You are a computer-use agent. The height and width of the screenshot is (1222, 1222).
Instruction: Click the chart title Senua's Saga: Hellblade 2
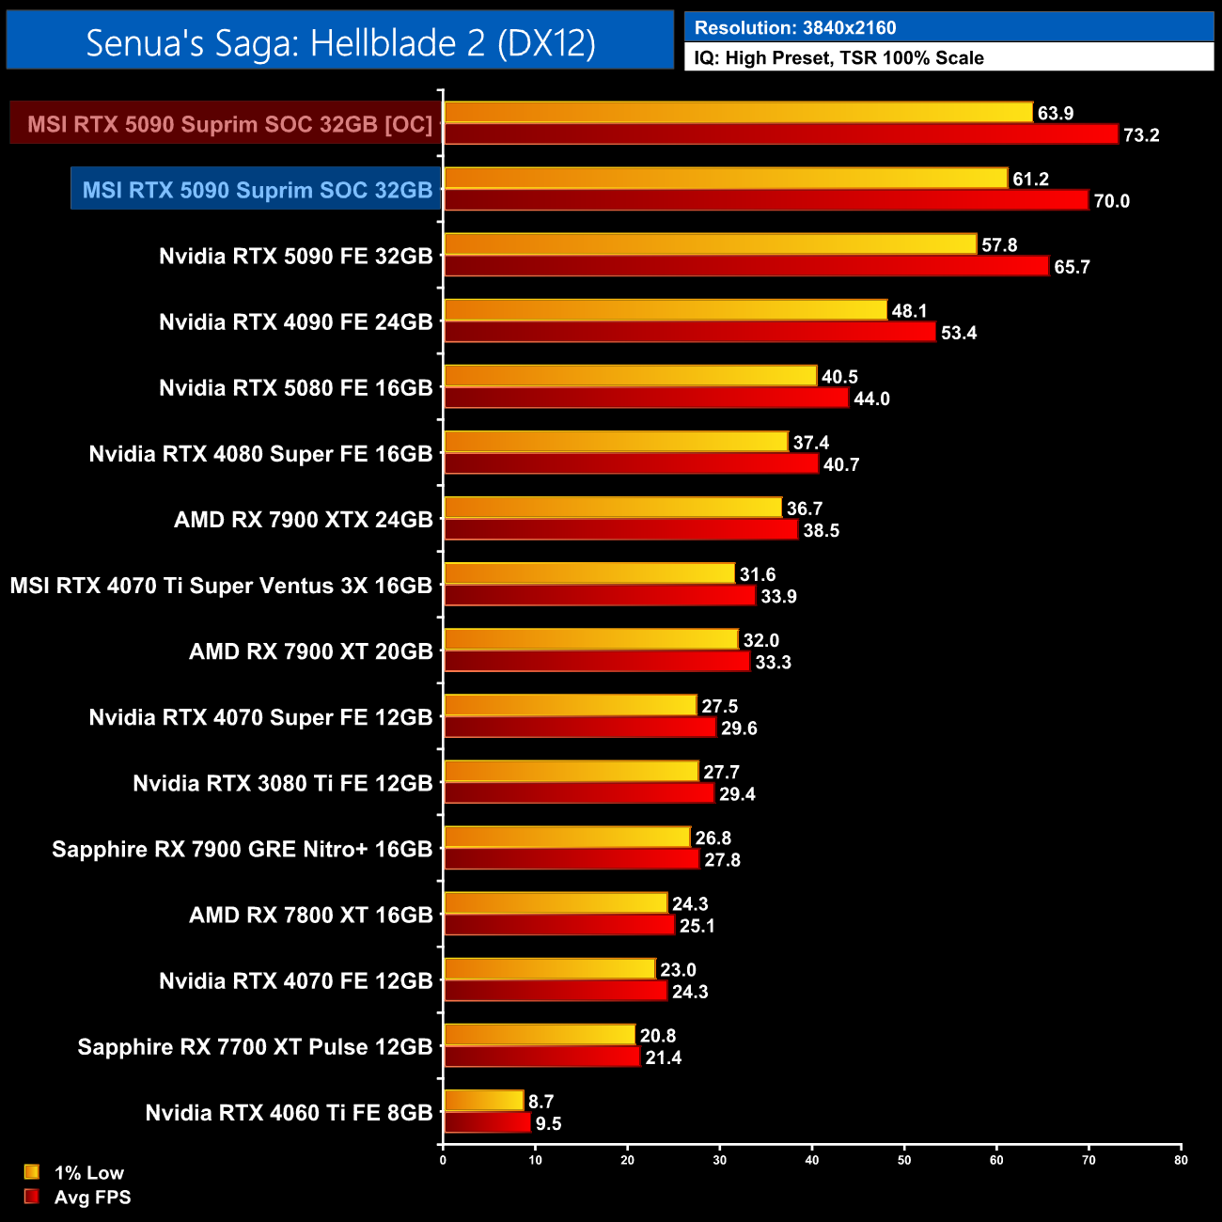pyautogui.click(x=340, y=42)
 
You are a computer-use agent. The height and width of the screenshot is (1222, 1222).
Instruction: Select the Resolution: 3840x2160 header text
pyautogui.click(x=795, y=28)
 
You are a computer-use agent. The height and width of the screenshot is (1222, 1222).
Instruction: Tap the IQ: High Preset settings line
pyautogui.click(x=838, y=58)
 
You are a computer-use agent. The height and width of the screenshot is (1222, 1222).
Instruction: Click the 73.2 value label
pyautogui.click(x=1141, y=135)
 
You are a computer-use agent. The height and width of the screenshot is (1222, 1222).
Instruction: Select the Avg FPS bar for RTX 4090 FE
pyautogui.click(x=690, y=332)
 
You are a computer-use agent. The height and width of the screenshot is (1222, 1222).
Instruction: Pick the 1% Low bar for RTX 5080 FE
pyautogui.click(x=630, y=376)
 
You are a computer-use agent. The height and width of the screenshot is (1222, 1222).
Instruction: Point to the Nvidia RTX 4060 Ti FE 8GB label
pyautogui.click(x=289, y=1113)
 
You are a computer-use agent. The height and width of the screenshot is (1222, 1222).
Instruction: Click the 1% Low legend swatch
pyautogui.click(x=32, y=1172)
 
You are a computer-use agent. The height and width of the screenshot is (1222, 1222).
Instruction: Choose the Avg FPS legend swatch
pyautogui.click(x=32, y=1197)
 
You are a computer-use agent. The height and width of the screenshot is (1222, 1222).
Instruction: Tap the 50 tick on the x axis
pyautogui.click(x=904, y=1160)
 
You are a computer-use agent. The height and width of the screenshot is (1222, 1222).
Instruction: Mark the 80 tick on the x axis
pyautogui.click(x=1181, y=1160)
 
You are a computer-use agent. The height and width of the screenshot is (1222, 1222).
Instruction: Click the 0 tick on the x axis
pyautogui.click(x=443, y=1160)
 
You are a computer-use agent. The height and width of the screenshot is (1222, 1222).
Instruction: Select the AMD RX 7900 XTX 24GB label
pyautogui.click(x=304, y=520)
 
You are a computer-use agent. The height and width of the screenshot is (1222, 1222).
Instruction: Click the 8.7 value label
pyautogui.click(x=540, y=1102)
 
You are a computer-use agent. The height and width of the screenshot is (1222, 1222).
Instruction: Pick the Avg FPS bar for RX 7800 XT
pyautogui.click(x=559, y=925)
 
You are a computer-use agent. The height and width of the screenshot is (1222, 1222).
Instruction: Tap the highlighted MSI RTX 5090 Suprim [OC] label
pyautogui.click(x=229, y=124)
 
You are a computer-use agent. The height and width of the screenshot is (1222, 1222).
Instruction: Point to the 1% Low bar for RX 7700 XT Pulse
pyautogui.click(x=540, y=1035)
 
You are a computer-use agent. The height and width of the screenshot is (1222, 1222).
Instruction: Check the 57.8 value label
pyautogui.click(x=999, y=245)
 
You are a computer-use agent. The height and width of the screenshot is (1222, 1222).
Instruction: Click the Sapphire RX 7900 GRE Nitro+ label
pyautogui.click(x=243, y=850)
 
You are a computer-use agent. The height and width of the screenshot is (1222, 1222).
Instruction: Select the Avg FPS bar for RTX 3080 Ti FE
pyautogui.click(x=579, y=793)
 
